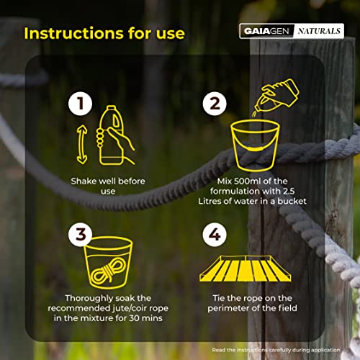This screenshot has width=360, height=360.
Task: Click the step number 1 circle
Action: tap(80, 104)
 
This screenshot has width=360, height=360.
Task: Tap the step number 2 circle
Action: tap(215, 104)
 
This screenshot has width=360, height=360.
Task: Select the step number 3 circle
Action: tap(80, 234)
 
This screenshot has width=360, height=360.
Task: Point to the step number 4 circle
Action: tap(215, 234)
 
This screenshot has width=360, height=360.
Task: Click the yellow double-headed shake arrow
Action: tap(82, 145)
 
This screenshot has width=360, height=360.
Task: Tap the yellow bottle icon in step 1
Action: tap(111, 135)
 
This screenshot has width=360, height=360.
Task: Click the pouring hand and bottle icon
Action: tap(276, 96)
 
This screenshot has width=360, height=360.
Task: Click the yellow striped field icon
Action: tap(246, 269)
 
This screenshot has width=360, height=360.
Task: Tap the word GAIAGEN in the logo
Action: tap(266, 31)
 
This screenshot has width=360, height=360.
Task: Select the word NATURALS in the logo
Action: tap(319, 31)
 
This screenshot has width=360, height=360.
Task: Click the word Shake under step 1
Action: tap(84, 181)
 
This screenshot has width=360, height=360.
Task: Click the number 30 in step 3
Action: tap(135, 318)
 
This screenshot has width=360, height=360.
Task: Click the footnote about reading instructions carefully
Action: tap(276, 350)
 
